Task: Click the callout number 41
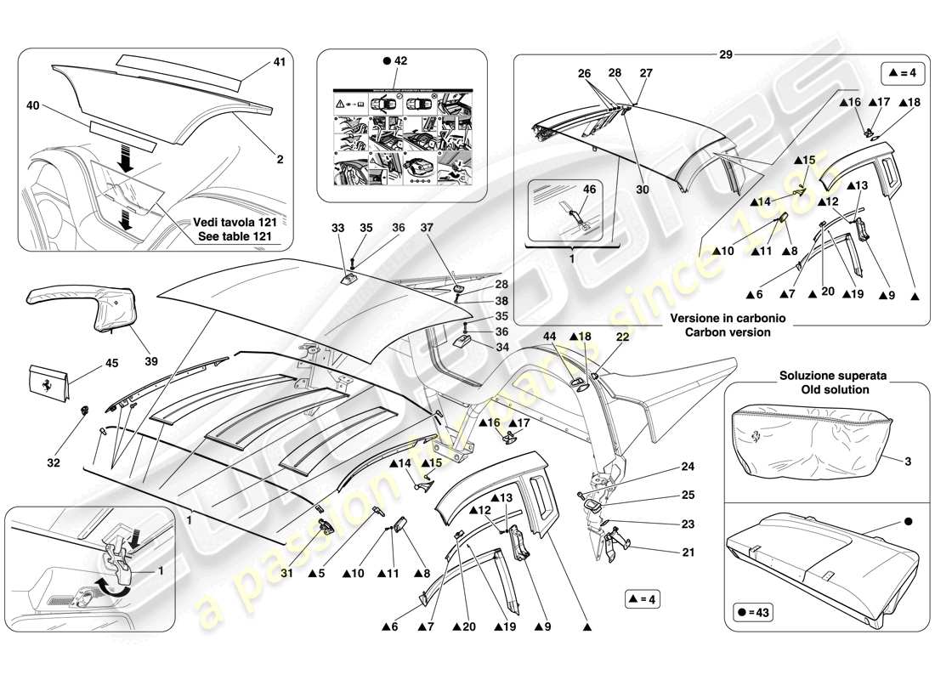tap(279, 61)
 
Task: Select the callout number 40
tap(34, 105)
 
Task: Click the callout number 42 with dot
tap(396, 61)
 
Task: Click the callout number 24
tap(688, 466)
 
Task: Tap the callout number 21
tap(688, 552)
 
